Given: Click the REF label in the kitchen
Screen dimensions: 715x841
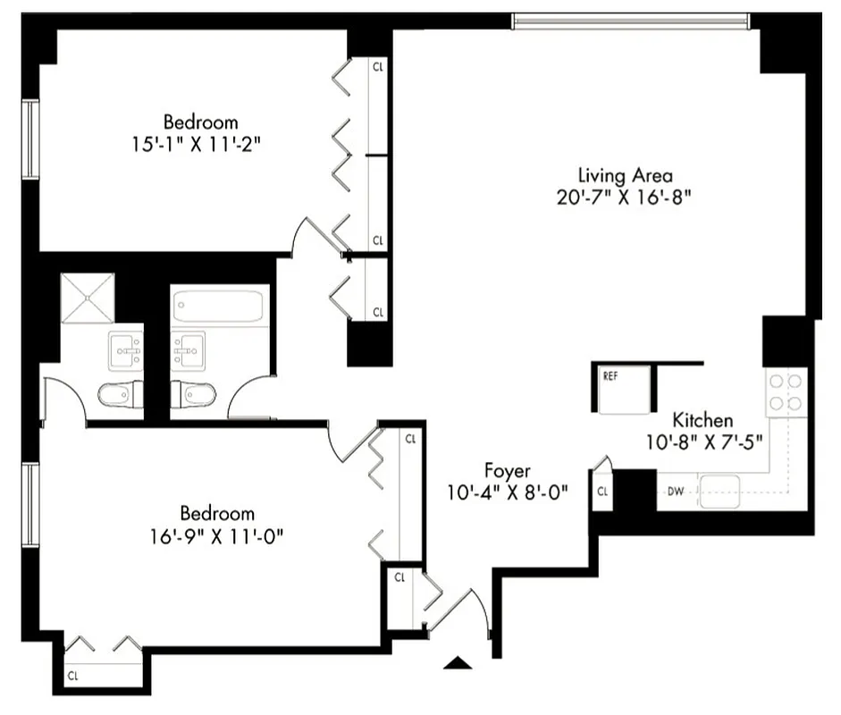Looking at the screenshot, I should point(610,376).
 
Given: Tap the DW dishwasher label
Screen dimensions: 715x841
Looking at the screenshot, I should point(676,491).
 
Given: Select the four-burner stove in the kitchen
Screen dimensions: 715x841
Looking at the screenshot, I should point(786,392).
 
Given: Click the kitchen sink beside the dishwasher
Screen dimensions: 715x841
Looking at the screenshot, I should point(719,491).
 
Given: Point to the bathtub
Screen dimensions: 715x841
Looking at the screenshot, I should point(219,306).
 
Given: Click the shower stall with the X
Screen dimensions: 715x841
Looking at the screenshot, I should point(88,298).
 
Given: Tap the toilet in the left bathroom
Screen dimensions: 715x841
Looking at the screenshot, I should point(119,395).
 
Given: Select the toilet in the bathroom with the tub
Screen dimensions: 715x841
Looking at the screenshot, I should point(193,394).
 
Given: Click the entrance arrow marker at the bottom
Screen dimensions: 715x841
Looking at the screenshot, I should point(458,662).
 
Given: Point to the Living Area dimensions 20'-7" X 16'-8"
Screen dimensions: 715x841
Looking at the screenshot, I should point(625,197).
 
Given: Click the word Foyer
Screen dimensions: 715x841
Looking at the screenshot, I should point(508,470).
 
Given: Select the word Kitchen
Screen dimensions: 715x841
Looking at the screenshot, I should point(702,420).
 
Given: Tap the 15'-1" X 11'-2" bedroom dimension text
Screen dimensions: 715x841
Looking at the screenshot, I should point(200,143).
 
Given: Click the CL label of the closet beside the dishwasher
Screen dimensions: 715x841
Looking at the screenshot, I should point(602,491).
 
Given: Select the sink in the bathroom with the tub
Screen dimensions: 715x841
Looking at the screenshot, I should point(189,349).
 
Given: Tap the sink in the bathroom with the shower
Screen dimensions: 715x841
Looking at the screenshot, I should point(125,349).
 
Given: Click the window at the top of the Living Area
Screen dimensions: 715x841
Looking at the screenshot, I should point(631,21).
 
